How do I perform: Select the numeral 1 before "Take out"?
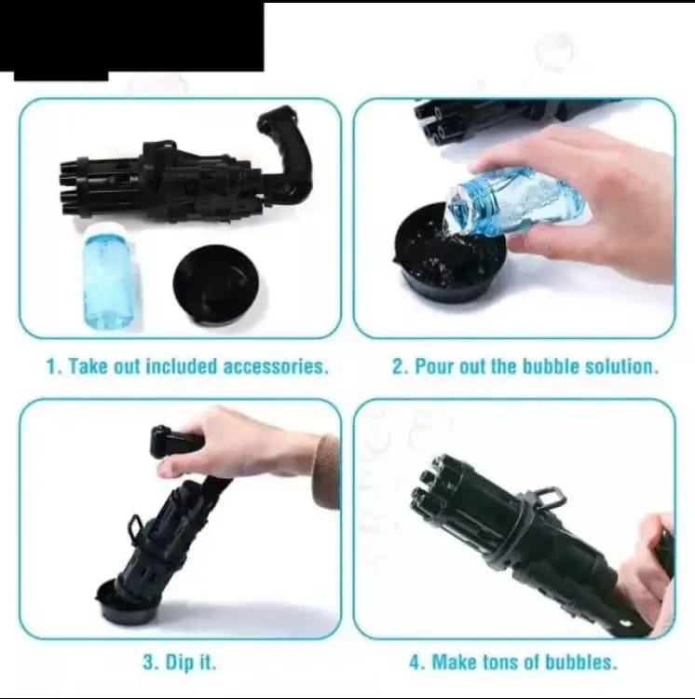[x=52, y=366]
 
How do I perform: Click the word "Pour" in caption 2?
[x=434, y=366]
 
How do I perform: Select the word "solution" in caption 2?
[x=620, y=366]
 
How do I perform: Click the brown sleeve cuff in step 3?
[x=326, y=471]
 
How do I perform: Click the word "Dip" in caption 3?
[x=178, y=664]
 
